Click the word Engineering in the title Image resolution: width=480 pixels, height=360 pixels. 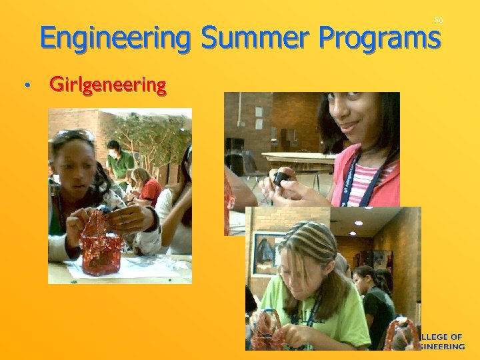tap(115, 38)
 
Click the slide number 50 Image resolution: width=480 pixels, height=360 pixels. tap(438, 21)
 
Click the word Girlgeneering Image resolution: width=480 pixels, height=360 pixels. tap(107, 85)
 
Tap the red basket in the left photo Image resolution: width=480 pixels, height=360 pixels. tap(101, 243)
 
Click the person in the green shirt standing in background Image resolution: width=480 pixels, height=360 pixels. tap(119, 160)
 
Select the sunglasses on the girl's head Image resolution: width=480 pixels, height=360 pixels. tap(75, 136)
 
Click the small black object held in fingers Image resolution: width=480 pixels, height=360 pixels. tap(281, 179)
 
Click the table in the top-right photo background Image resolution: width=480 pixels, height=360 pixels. tap(300, 159)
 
